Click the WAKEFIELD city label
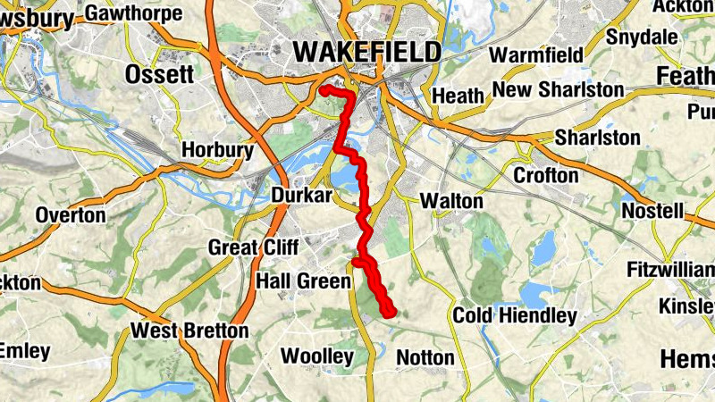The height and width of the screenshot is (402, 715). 366,53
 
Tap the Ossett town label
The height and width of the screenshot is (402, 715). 160,74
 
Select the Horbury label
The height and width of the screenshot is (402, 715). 217,151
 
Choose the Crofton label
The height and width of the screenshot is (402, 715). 546,176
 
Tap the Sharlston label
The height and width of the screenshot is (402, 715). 597,138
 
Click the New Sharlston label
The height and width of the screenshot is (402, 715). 558,90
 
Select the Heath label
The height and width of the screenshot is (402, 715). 458,95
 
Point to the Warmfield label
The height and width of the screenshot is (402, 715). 536,54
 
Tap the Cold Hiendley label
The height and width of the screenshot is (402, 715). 514,315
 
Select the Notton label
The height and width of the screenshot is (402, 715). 425,357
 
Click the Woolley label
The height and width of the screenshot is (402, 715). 317,356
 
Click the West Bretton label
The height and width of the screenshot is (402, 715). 189,331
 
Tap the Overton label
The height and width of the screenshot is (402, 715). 71,215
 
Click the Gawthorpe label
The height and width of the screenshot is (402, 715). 134,13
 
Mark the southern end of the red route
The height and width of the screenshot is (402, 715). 390,312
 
